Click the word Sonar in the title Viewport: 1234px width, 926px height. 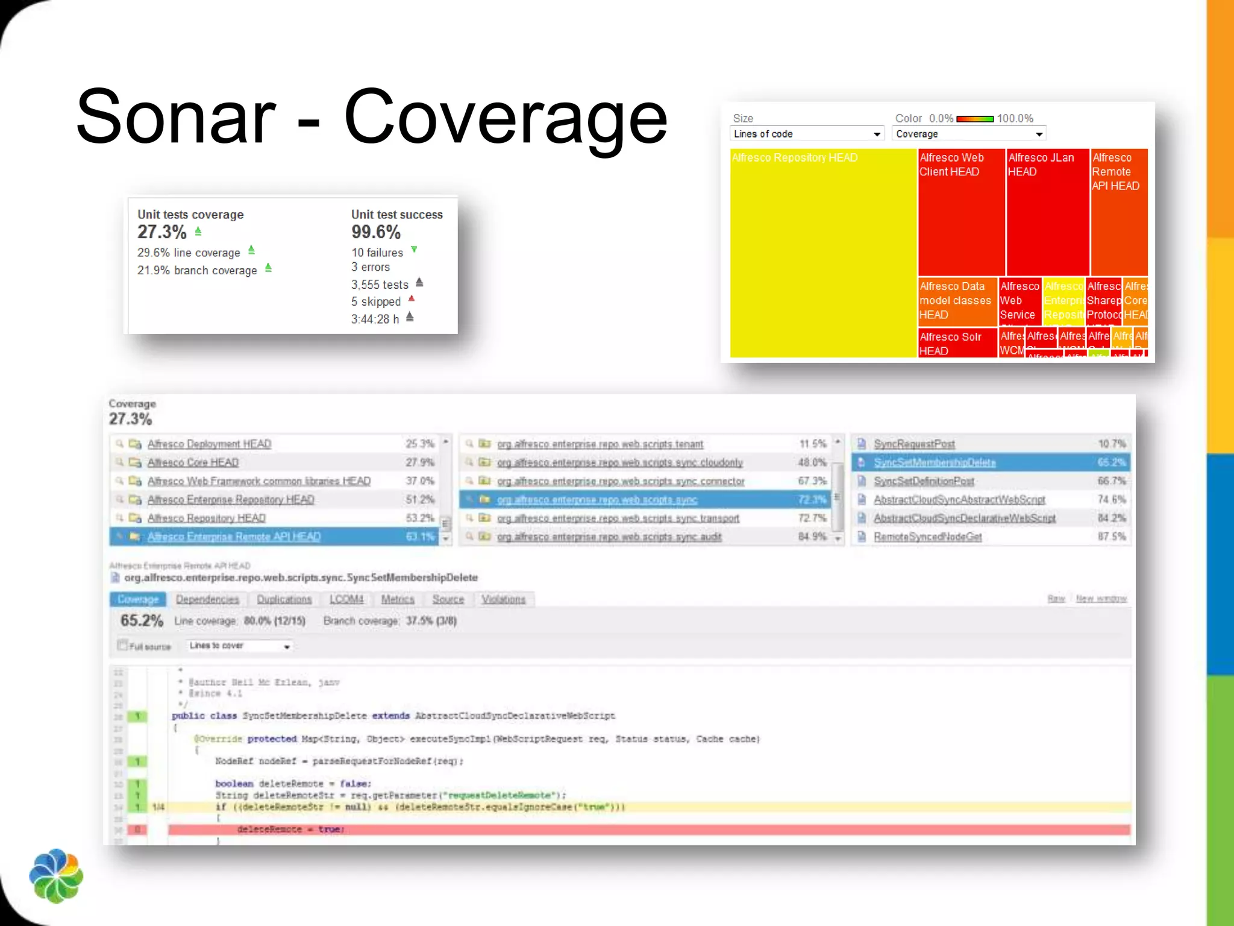(176, 117)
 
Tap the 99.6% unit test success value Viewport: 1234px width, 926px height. (376, 232)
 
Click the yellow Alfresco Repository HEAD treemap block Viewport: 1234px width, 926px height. (822, 253)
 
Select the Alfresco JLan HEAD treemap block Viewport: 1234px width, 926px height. (1047, 211)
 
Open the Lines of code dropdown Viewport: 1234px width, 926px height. (807, 134)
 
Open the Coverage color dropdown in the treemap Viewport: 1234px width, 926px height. (969, 134)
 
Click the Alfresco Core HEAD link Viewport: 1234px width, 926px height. (193, 462)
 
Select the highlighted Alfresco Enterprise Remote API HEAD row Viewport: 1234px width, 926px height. (234, 537)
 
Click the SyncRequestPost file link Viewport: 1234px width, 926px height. (914, 444)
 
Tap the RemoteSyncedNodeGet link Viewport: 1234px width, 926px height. (927, 537)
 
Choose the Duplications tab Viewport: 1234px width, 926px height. (284, 599)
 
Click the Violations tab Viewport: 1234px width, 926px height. (503, 599)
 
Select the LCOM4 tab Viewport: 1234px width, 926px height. (346, 599)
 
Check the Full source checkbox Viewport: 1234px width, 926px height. (123, 646)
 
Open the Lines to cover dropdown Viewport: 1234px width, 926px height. (239, 646)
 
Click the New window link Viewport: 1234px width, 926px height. (1101, 599)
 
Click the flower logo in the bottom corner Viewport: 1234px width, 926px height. (56, 876)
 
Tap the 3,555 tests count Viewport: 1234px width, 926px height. (380, 285)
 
